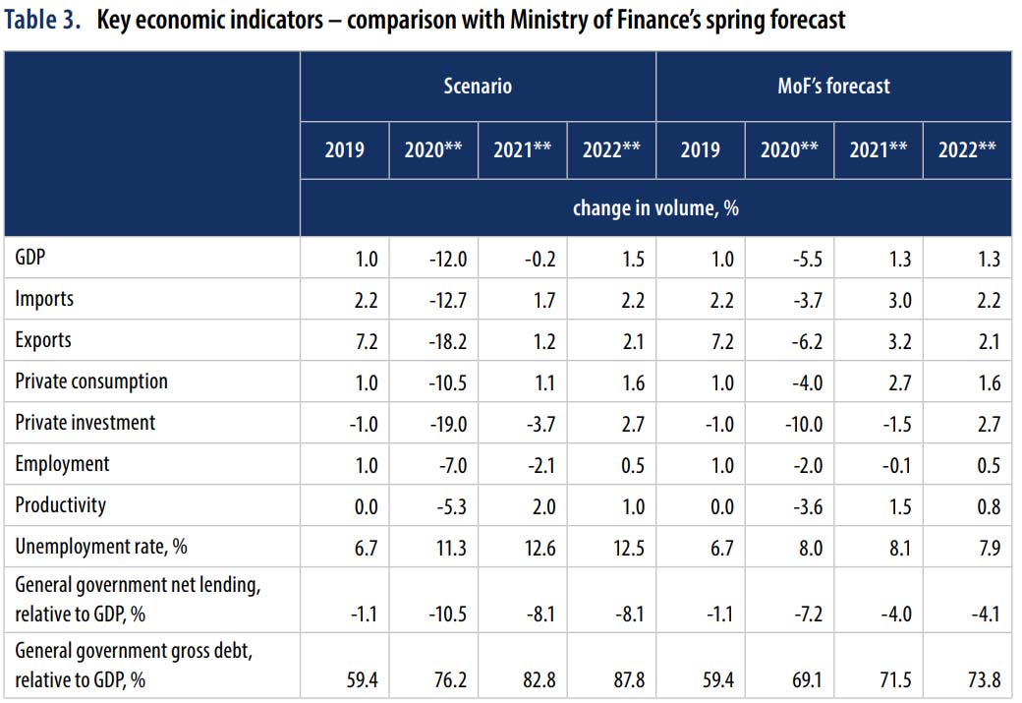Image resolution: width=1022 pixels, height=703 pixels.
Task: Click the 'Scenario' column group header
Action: tap(478, 86)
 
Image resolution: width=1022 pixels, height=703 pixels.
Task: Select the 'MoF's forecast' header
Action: tap(833, 86)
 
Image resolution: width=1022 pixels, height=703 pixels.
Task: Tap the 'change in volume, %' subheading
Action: tap(655, 207)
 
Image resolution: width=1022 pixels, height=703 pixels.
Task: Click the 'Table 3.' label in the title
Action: tap(44, 21)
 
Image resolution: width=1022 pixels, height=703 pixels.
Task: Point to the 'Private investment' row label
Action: tap(85, 423)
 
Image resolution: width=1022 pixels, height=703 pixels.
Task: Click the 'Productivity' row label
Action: tap(60, 505)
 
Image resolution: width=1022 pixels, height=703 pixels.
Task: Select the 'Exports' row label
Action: tap(43, 340)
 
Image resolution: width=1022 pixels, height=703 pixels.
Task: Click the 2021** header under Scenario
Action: tap(523, 150)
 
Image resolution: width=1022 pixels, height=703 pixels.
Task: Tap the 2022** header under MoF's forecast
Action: tap(967, 150)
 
